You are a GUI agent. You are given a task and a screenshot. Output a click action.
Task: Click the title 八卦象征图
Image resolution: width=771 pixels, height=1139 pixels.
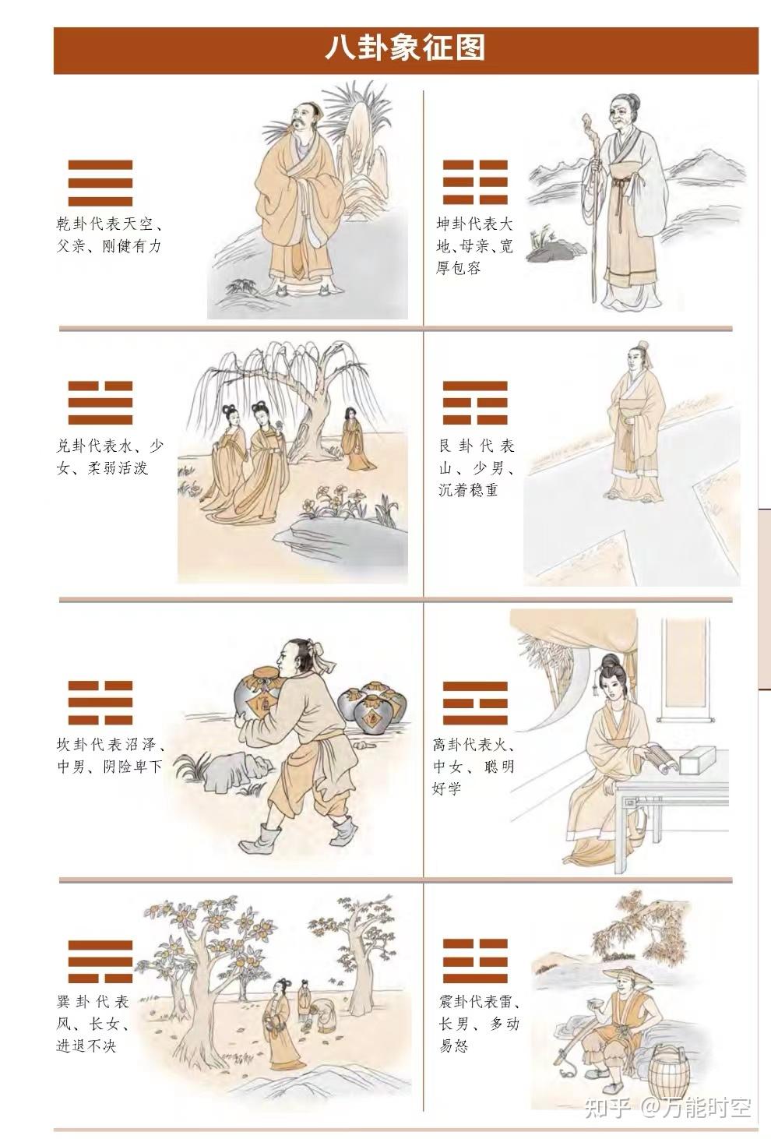coord(405,48)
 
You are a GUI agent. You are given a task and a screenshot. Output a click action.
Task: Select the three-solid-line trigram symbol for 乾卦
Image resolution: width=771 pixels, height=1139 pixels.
coord(100,183)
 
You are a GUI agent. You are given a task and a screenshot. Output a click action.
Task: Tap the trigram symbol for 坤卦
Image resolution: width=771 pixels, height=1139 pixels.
coord(475,183)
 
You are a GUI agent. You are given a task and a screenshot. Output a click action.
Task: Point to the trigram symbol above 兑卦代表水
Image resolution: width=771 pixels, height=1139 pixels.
coord(100,403)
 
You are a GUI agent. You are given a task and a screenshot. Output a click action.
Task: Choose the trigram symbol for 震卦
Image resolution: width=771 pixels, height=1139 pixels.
coord(475,961)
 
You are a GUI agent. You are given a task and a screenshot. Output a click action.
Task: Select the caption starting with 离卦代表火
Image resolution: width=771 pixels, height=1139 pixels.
coord(475,767)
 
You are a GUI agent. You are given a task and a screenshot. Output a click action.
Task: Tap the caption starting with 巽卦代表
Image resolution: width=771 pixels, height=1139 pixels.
coord(93,1023)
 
